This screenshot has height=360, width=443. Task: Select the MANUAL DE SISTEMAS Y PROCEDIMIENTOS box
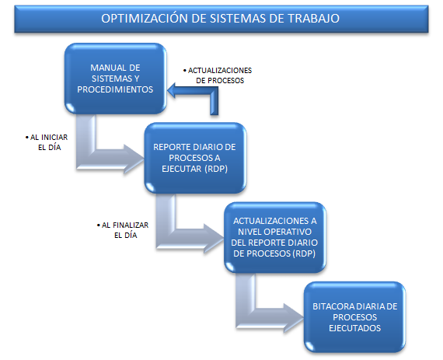[x=115, y=79]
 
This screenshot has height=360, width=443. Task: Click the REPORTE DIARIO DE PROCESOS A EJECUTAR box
[x=195, y=158]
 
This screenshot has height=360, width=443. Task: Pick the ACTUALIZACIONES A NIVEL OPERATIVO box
[x=275, y=237]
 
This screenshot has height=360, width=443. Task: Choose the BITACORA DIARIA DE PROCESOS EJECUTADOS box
[x=355, y=317]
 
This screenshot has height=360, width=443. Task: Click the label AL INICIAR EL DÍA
[x=47, y=142]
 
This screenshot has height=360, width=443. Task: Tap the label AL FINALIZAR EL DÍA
[x=123, y=230]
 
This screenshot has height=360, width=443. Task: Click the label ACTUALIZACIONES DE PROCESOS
[x=218, y=75]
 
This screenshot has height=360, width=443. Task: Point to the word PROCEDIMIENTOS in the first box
[x=115, y=89]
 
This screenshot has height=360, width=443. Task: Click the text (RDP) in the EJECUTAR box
[x=216, y=169]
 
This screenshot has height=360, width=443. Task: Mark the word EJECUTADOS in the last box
[x=355, y=328]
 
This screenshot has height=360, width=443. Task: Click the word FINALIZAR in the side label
[x=131, y=225]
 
